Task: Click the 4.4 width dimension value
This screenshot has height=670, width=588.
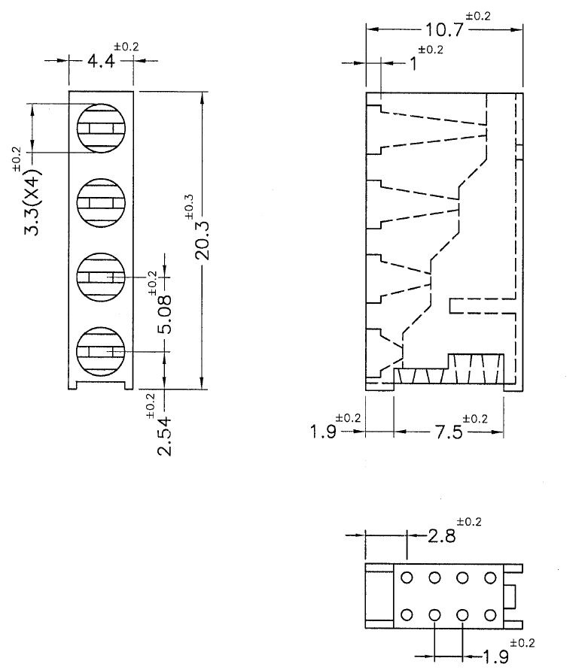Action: click(x=101, y=62)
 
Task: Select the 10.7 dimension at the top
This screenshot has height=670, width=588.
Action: click(x=443, y=30)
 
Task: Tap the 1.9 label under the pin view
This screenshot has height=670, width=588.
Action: click(x=494, y=656)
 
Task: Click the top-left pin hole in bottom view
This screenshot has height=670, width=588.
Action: click(x=407, y=578)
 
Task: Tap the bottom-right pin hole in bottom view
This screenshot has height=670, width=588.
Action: click(x=491, y=614)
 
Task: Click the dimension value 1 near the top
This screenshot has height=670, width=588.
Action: click(x=413, y=64)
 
